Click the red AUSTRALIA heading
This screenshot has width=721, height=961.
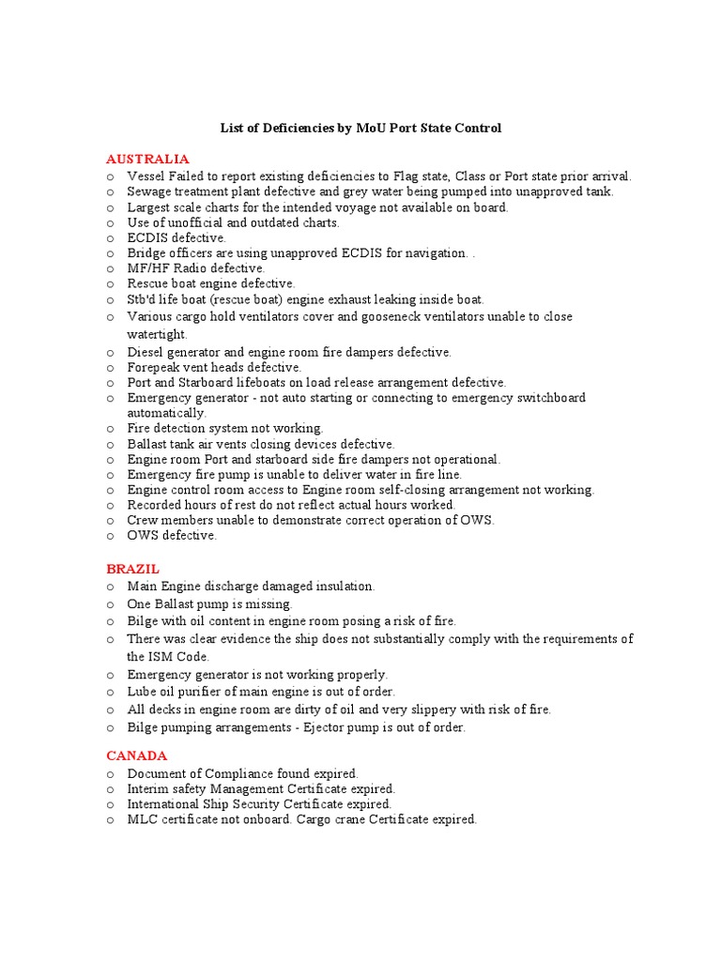(147, 159)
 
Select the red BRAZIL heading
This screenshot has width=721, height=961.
(132, 569)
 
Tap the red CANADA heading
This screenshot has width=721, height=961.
(136, 755)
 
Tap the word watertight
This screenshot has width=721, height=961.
(157, 334)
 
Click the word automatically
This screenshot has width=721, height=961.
(166, 413)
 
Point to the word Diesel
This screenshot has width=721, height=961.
(146, 352)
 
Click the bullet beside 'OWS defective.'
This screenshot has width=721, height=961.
(111, 536)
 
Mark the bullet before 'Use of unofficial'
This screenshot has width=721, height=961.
(111, 222)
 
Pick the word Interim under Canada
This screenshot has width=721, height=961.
(148, 789)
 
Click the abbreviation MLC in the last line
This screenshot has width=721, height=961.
(142, 819)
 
